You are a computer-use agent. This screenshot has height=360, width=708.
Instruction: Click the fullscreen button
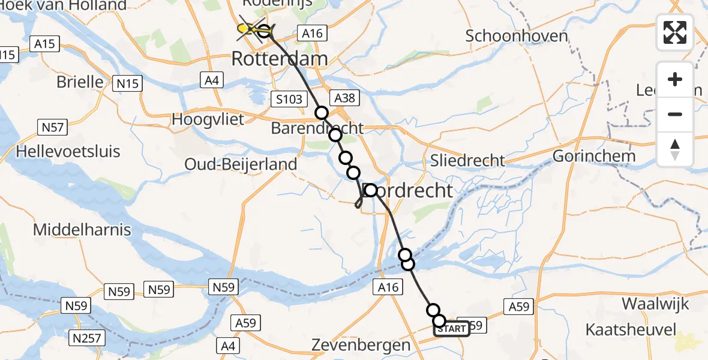[675, 32]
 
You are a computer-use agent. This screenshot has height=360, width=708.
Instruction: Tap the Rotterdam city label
[280, 59]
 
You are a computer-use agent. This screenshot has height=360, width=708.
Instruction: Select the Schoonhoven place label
[517, 36]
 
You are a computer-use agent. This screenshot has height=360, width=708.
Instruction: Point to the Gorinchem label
[593, 156]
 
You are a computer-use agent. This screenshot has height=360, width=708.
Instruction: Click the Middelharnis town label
[81, 229]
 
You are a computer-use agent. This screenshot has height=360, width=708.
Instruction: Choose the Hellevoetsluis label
[68, 151]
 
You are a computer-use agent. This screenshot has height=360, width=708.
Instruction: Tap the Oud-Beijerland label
[241, 164]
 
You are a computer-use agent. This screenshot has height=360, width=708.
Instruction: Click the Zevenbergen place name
[361, 345]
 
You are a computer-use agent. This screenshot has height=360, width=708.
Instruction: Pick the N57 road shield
[52, 127]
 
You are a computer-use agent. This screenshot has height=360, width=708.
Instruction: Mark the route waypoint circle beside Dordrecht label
[370, 190]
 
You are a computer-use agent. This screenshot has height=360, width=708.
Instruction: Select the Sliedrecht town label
[468, 160]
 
